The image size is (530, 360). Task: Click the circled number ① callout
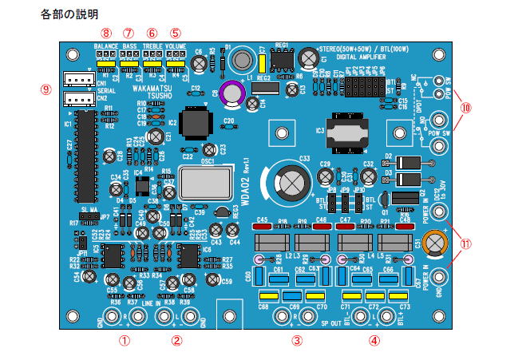[x=124, y=338]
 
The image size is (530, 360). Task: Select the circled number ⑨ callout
[x=45, y=89]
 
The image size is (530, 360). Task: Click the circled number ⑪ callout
[x=465, y=244]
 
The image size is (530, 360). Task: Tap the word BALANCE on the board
[x=106, y=47]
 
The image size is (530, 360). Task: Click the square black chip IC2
[x=195, y=125]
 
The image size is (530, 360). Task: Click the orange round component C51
[x=435, y=240]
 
